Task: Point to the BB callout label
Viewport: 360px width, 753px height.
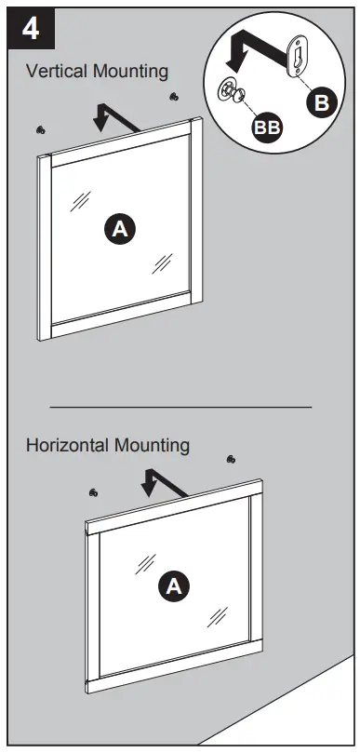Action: [268, 129]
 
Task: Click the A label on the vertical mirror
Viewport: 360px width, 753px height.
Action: [119, 228]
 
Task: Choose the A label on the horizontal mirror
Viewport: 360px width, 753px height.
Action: [173, 585]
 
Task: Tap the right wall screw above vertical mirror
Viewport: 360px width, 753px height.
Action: [173, 96]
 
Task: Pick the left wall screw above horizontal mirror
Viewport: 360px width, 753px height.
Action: [92, 491]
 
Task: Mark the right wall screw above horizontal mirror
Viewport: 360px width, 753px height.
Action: [231, 458]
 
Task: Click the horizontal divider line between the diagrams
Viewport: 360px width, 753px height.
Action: [180, 407]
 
